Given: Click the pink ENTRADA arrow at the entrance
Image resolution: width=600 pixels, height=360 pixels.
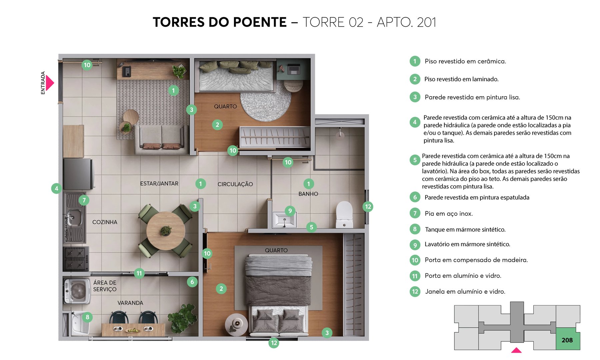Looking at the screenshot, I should click(x=50, y=83).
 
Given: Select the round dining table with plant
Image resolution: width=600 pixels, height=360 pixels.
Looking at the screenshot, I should click(x=166, y=231).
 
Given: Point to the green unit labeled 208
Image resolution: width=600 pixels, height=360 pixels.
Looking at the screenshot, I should click(x=567, y=340).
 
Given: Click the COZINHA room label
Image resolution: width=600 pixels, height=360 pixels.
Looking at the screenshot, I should click(x=105, y=222).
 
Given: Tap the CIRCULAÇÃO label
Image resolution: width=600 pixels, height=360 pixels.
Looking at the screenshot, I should click(x=235, y=184).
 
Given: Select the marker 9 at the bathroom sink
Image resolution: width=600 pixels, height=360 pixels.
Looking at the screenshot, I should click(x=290, y=211).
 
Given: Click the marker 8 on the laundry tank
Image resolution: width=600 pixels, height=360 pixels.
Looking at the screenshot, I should click(x=87, y=317).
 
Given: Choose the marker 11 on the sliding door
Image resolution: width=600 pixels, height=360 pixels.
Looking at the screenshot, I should click(x=139, y=273).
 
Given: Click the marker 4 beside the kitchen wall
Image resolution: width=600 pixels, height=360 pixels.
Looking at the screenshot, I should click(x=56, y=188).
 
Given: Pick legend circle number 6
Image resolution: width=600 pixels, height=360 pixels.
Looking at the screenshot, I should click(x=415, y=197).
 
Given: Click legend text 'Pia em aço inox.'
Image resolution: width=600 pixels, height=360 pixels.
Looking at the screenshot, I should click(x=449, y=214).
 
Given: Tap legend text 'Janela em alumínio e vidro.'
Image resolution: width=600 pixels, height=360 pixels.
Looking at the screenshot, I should click(x=465, y=292).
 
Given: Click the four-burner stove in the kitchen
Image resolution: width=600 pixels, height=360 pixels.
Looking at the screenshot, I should click(x=76, y=259).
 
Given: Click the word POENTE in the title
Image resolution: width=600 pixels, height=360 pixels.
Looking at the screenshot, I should click(x=259, y=22).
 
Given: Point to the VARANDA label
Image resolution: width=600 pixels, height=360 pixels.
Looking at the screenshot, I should click(x=130, y=303).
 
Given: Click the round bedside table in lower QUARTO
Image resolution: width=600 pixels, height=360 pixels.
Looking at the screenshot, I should click(x=236, y=323).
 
